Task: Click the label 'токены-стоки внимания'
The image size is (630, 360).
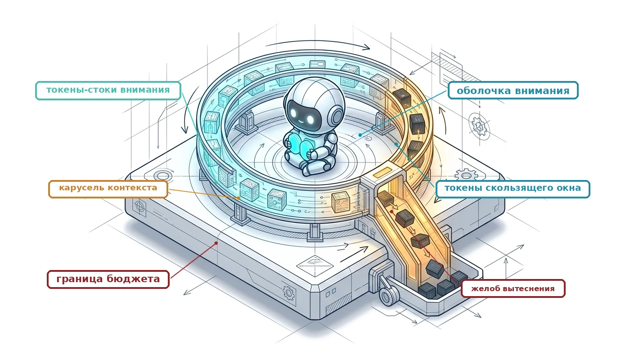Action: click(x=108, y=90)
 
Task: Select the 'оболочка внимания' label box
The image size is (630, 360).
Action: click(x=513, y=90)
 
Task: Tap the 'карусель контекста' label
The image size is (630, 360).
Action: click(x=108, y=189)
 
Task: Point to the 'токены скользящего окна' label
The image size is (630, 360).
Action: click(x=513, y=189)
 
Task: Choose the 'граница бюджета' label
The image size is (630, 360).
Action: click(x=108, y=279)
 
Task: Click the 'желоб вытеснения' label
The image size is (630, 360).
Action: click(x=513, y=288)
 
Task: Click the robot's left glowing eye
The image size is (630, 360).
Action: click(x=293, y=113)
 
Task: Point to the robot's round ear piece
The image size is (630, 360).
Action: click(x=337, y=117)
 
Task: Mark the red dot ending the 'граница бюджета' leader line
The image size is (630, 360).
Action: click(x=216, y=243)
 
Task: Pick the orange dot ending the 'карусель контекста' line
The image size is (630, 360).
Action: click(x=238, y=198)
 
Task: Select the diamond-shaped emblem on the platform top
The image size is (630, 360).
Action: click(x=315, y=265)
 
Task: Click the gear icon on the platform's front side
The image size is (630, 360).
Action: click(x=289, y=293)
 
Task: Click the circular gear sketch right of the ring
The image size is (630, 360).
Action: click(x=479, y=126)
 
